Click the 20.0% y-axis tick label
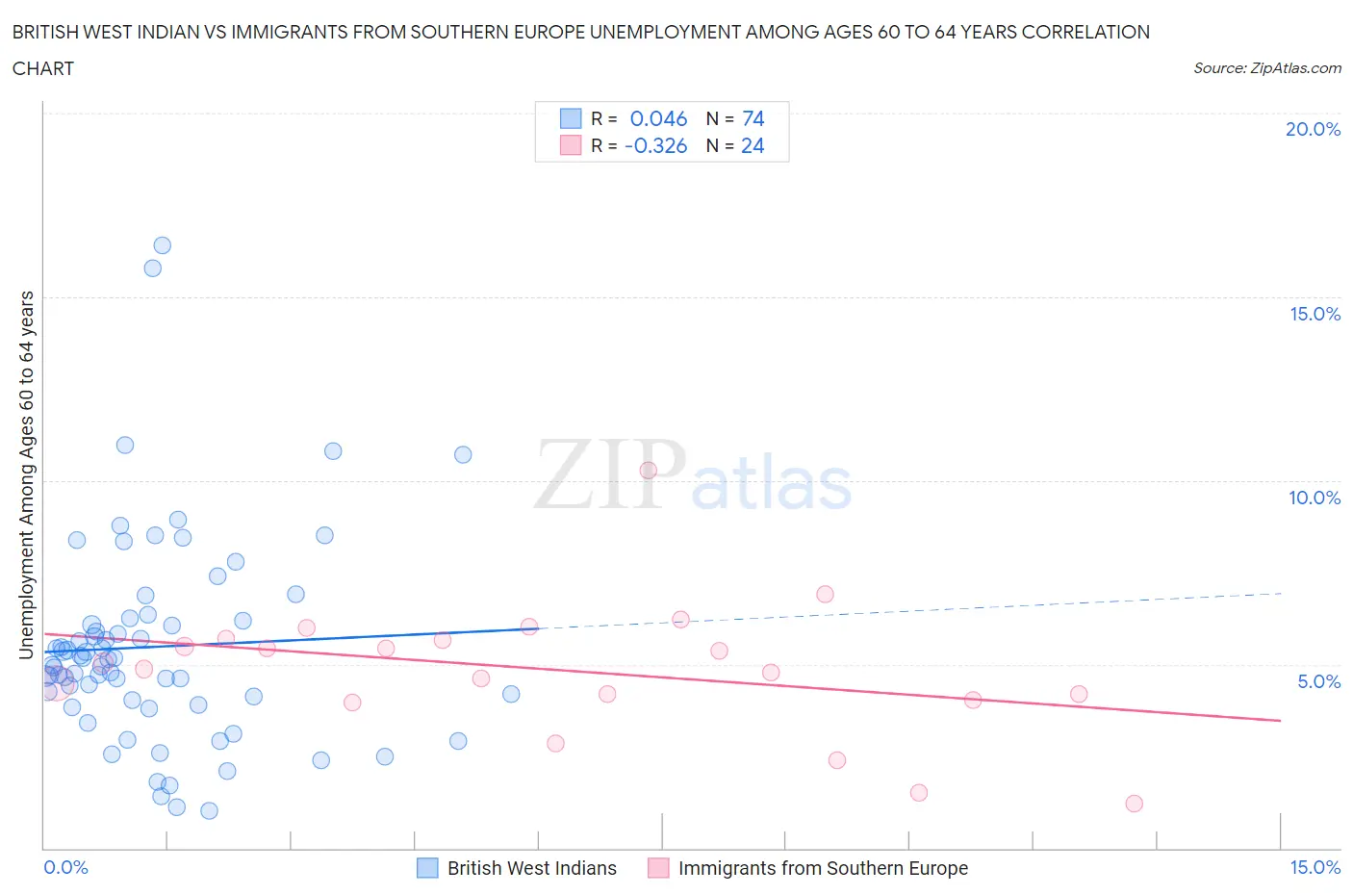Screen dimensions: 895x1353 (x=1313, y=129)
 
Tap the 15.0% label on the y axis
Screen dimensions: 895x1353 (x=1315, y=314)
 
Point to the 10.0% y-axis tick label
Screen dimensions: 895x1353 (x=1315, y=498)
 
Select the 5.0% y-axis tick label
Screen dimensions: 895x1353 (x=1318, y=681)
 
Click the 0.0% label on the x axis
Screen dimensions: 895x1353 (x=65, y=867)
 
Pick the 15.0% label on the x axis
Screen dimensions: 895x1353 (x=1315, y=867)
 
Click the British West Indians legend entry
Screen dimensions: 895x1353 (x=531, y=868)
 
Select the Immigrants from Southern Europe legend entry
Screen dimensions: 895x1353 (x=823, y=868)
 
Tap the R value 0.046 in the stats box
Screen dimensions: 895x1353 (x=658, y=118)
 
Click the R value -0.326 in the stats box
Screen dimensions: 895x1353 (x=655, y=145)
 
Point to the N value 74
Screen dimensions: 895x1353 (x=753, y=118)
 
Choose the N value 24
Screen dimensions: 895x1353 (x=753, y=145)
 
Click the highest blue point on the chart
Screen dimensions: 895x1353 (x=162, y=245)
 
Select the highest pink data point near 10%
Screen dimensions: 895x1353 (x=648, y=471)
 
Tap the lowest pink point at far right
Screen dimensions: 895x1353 (x=1134, y=804)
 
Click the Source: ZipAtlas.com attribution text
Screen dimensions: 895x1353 (x=1266, y=68)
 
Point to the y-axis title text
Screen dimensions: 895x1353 (x=27, y=474)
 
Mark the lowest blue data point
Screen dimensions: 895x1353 (x=209, y=810)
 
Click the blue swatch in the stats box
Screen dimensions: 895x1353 (x=571, y=118)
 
